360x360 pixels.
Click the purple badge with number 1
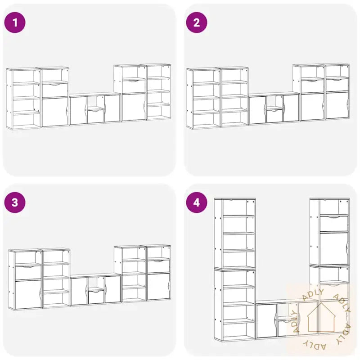pos(15,22)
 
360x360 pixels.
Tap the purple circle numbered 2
pos(197,22)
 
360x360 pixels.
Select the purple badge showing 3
pos(15,202)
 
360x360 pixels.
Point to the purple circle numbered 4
pos(197,202)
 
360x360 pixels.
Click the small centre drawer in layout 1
pos(96,117)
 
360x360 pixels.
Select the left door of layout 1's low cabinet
pos(78,110)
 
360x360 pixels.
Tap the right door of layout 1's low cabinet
pos(112,108)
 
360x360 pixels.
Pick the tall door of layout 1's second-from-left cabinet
pos(55,112)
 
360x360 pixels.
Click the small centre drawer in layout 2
pos(274,116)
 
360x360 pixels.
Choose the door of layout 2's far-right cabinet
pos(337,105)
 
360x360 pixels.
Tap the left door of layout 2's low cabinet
pos(257,110)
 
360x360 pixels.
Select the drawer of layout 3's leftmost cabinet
pos(28,273)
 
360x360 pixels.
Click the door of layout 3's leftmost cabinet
pos(28,295)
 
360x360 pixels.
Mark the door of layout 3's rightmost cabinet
pos(159,287)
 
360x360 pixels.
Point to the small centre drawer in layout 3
pos(96,297)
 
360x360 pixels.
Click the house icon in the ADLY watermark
pos(321,318)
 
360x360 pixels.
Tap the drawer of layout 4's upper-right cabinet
pos(334,223)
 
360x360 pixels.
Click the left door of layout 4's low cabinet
pos(266,321)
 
